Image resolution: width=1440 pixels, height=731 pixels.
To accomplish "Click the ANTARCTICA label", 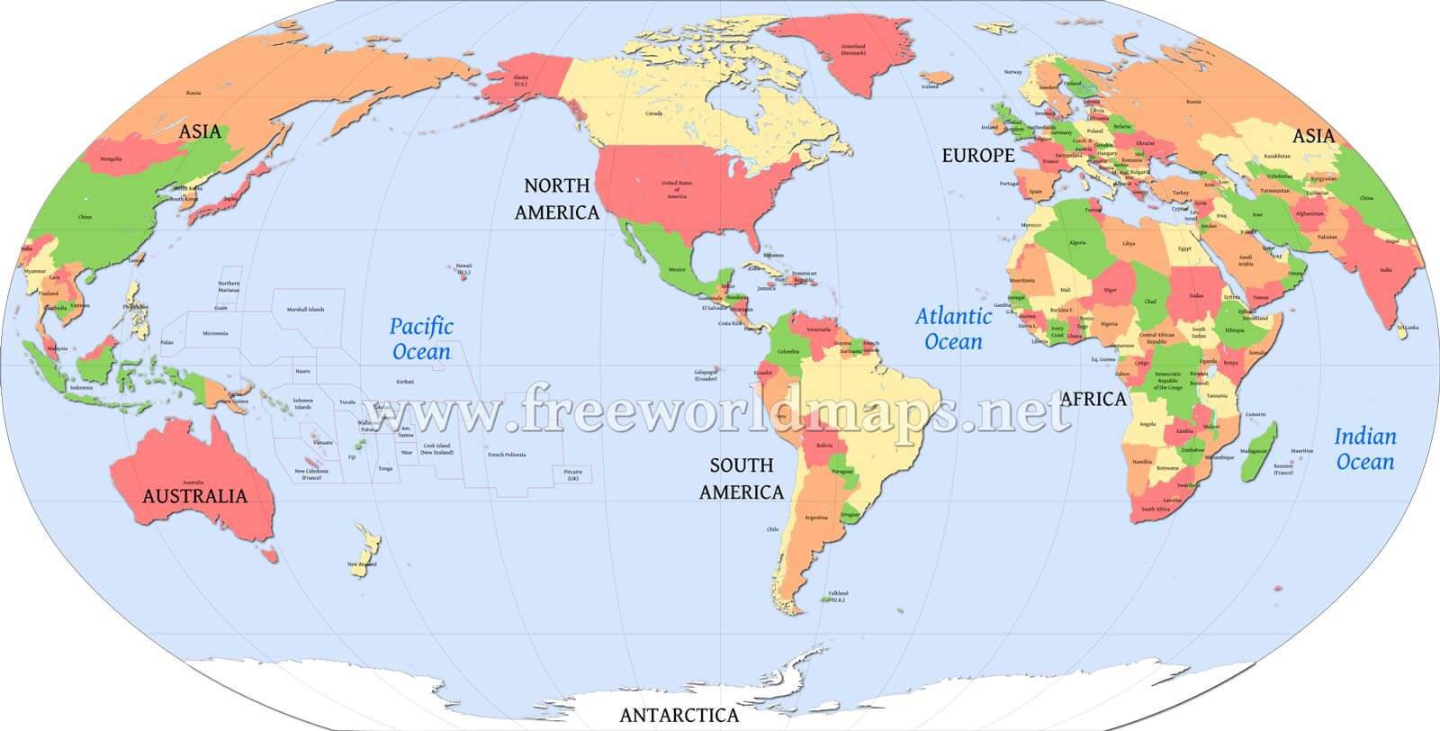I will (679, 716).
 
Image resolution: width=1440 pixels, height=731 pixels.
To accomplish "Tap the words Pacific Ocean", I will (421, 338).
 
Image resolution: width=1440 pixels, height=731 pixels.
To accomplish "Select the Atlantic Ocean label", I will (953, 329).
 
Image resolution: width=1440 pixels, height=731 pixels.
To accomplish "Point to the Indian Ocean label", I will (1364, 449).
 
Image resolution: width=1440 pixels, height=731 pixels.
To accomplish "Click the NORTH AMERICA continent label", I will (556, 199).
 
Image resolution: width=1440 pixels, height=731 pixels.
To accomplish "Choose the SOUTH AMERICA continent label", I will (741, 479).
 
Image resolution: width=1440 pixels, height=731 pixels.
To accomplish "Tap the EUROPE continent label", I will (977, 156).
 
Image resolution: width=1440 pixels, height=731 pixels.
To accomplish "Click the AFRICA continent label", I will (1093, 399).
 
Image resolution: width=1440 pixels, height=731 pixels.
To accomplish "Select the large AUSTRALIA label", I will (194, 496).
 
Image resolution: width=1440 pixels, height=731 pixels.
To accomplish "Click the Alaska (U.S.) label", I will (520, 79).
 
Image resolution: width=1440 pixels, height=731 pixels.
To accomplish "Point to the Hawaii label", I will (463, 267).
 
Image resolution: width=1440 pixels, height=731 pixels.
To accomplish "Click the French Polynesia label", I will (506, 455).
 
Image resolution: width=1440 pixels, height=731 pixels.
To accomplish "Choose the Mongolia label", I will (111, 159).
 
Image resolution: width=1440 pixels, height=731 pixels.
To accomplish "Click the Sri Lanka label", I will (1408, 328).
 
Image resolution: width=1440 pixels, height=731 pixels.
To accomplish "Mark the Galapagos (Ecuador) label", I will (706, 375).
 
